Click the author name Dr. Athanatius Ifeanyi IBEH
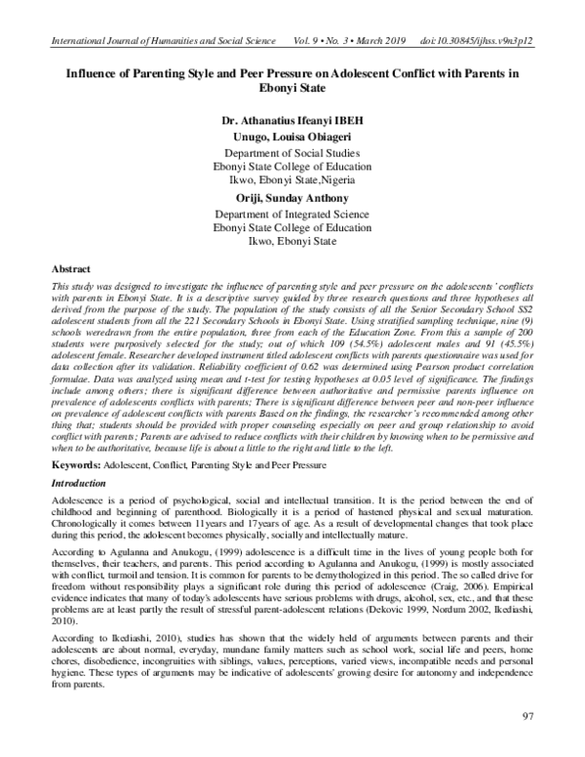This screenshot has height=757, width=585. (292, 124)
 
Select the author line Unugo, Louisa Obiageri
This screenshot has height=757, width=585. (292, 139)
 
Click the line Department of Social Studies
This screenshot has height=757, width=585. (292, 154)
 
